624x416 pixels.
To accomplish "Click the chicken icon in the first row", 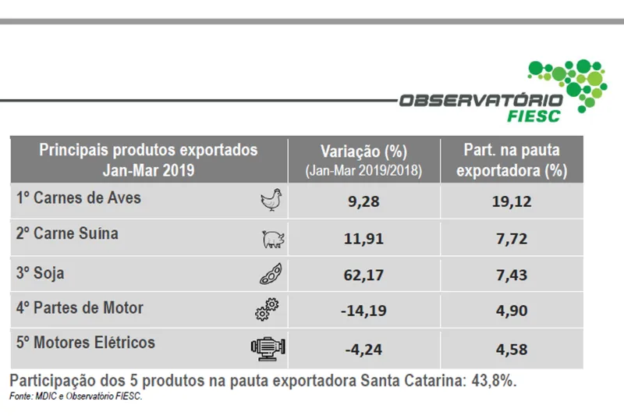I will tap(271, 201).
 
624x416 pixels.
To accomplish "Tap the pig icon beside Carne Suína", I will tap(271, 239).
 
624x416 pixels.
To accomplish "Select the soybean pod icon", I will tap(271, 275).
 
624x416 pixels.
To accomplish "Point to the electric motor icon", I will tap(266, 348).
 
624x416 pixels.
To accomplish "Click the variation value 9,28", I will tap(363, 202).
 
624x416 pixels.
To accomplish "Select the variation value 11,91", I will tap(363, 239).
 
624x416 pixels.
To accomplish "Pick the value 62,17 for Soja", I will tap(363, 275).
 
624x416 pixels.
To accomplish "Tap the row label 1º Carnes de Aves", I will tap(79, 198).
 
